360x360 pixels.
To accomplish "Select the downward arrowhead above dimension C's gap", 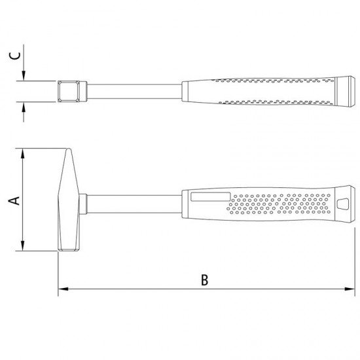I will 24,76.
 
